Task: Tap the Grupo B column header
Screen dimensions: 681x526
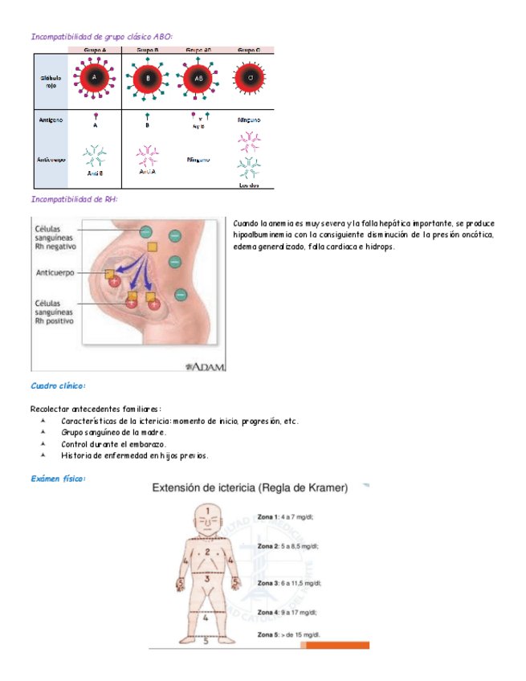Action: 147,50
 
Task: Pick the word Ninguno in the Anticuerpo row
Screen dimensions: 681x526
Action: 198,159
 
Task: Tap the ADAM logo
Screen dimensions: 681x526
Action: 206,366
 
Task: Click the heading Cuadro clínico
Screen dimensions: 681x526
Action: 58,386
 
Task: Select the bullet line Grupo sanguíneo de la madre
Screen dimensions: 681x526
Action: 113,432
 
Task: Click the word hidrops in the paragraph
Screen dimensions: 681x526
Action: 380,247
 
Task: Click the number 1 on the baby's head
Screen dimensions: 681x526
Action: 206,511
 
